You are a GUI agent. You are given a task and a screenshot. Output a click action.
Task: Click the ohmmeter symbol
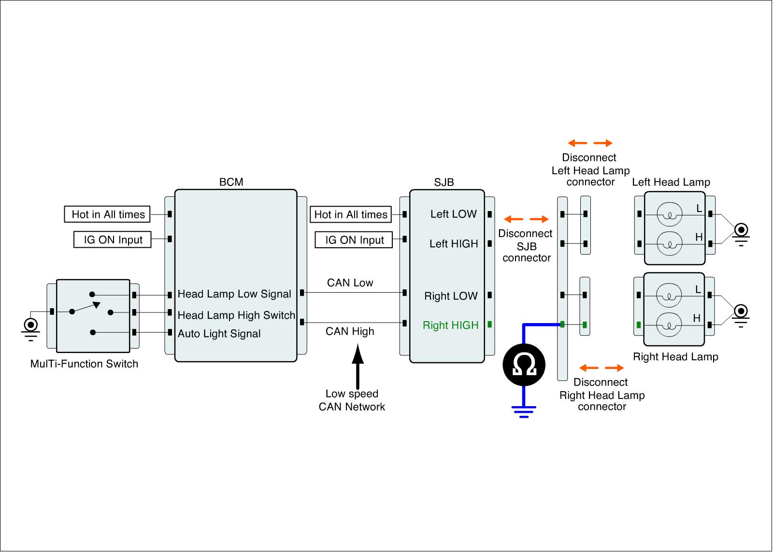524,365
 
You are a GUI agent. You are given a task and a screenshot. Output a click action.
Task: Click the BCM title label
231,182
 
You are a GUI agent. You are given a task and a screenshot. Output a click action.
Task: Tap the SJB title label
444,182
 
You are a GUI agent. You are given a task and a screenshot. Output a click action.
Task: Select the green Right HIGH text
450,326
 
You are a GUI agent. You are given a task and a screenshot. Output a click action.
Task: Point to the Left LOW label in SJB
453,214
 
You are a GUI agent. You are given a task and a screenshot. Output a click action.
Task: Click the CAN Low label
350,283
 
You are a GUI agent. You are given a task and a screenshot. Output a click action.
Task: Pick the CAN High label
350,331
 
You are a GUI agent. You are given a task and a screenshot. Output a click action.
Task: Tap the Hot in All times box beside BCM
108,214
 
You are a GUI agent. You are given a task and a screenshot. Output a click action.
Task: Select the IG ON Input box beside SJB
354,240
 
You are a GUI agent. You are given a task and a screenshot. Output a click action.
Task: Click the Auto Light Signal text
219,334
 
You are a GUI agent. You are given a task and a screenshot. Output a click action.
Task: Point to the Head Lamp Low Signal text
234,294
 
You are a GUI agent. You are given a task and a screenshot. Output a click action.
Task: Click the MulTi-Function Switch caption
84,364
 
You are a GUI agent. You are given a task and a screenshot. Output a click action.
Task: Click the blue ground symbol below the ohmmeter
524,410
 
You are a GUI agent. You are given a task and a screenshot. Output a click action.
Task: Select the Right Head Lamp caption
675,357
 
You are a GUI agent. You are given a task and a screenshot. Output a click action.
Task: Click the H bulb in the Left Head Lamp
669,243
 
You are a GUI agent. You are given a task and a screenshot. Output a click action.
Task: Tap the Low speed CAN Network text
352,400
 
